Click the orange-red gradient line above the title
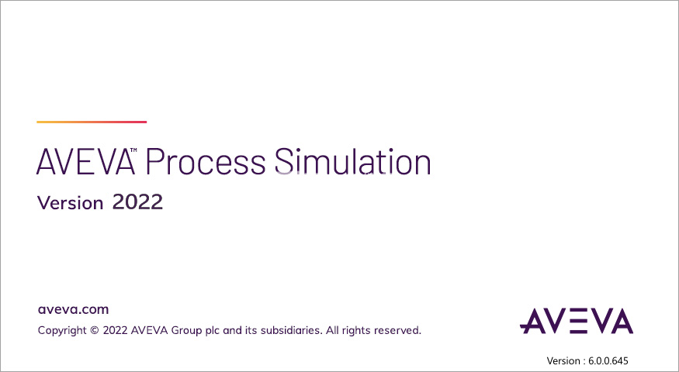pyautogui.click(x=92, y=122)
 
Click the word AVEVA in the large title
pyautogui.click(x=85, y=162)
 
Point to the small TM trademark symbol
pyautogui.click(x=133, y=150)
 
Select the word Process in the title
pyautogui.click(x=206, y=162)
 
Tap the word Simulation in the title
pyautogui.click(x=352, y=161)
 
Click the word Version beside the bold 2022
pyautogui.click(x=70, y=203)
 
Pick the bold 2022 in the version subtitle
pyautogui.click(x=137, y=202)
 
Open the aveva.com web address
pyautogui.click(x=73, y=310)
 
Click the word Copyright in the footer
pyautogui.click(x=62, y=330)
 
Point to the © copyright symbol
pyautogui.click(x=95, y=330)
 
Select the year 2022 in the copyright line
pyautogui.click(x=115, y=330)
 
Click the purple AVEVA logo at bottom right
pyautogui.click(x=577, y=321)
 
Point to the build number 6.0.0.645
pyautogui.click(x=608, y=360)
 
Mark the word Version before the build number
pyautogui.click(x=563, y=360)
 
